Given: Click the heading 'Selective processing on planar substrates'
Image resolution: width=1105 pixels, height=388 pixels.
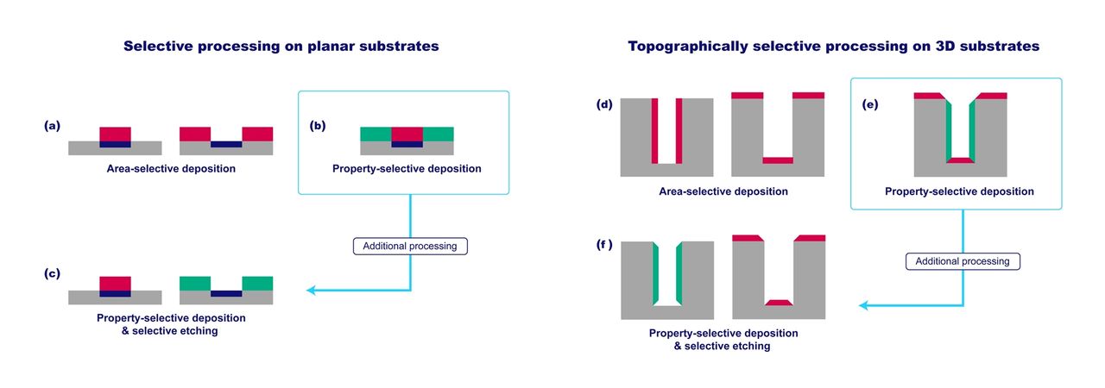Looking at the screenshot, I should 281,47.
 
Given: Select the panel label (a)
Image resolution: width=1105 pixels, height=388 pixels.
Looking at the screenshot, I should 53,125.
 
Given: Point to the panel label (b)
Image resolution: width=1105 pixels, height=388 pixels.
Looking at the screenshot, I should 319,125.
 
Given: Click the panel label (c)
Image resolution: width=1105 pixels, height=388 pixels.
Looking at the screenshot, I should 53,274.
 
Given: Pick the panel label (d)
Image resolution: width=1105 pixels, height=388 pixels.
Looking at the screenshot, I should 604,104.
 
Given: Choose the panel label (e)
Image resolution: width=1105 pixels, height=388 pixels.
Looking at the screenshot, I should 871,104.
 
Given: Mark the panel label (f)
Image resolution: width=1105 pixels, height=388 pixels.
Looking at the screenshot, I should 604,244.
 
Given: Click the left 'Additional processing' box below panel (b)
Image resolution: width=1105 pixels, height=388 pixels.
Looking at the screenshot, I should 410,246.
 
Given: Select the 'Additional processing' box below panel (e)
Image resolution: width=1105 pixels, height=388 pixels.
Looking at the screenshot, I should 963,260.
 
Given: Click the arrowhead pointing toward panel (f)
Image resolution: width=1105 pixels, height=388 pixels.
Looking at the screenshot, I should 864,305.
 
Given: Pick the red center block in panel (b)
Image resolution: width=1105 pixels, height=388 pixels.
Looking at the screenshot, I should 407,134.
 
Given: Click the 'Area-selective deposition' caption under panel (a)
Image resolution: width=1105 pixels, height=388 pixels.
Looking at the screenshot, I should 171,168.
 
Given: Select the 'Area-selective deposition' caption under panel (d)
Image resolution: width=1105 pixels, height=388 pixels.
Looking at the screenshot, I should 723,191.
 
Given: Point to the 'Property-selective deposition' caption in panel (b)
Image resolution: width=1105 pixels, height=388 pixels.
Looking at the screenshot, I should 407,168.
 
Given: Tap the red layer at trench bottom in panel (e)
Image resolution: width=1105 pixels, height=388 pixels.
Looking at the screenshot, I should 960,160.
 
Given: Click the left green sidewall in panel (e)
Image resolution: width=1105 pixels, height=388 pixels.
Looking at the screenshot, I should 948,129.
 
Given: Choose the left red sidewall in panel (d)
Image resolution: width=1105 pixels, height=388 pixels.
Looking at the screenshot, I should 654,130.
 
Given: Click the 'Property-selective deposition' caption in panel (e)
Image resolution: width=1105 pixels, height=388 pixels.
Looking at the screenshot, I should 959,191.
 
